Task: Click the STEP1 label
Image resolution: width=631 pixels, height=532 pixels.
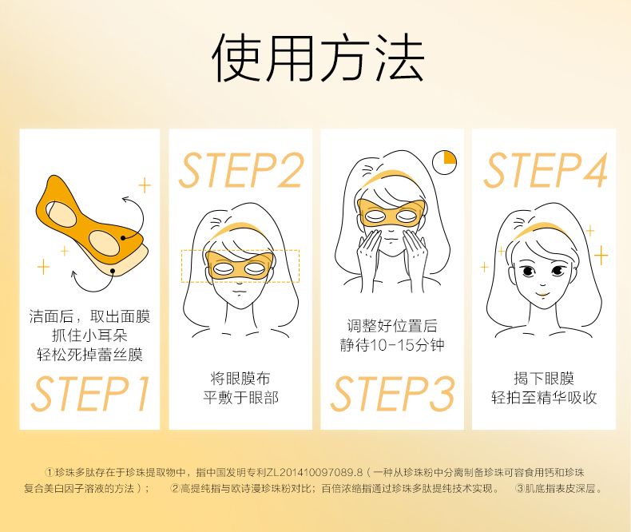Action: point(90,394)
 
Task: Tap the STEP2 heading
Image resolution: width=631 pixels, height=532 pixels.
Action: point(240,170)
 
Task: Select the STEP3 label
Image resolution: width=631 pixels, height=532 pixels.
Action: point(392,394)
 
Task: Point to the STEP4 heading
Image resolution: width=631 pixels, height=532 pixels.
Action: point(546,170)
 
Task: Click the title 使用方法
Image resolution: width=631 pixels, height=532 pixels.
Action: point(318,58)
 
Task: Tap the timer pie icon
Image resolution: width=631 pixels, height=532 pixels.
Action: point(444,163)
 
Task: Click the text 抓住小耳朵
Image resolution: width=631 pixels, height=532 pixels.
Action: point(89,335)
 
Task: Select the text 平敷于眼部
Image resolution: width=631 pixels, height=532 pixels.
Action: point(240,398)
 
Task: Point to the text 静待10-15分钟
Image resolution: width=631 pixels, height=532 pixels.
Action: point(392,345)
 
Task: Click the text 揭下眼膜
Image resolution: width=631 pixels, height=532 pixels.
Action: point(544,379)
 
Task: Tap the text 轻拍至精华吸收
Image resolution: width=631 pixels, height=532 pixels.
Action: point(544,398)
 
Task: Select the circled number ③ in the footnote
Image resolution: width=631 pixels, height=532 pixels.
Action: point(520,489)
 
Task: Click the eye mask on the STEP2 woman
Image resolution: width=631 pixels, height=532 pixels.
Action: point(240,265)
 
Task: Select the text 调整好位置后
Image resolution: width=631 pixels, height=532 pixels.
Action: point(392,326)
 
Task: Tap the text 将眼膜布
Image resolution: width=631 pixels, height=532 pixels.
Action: point(240,379)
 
